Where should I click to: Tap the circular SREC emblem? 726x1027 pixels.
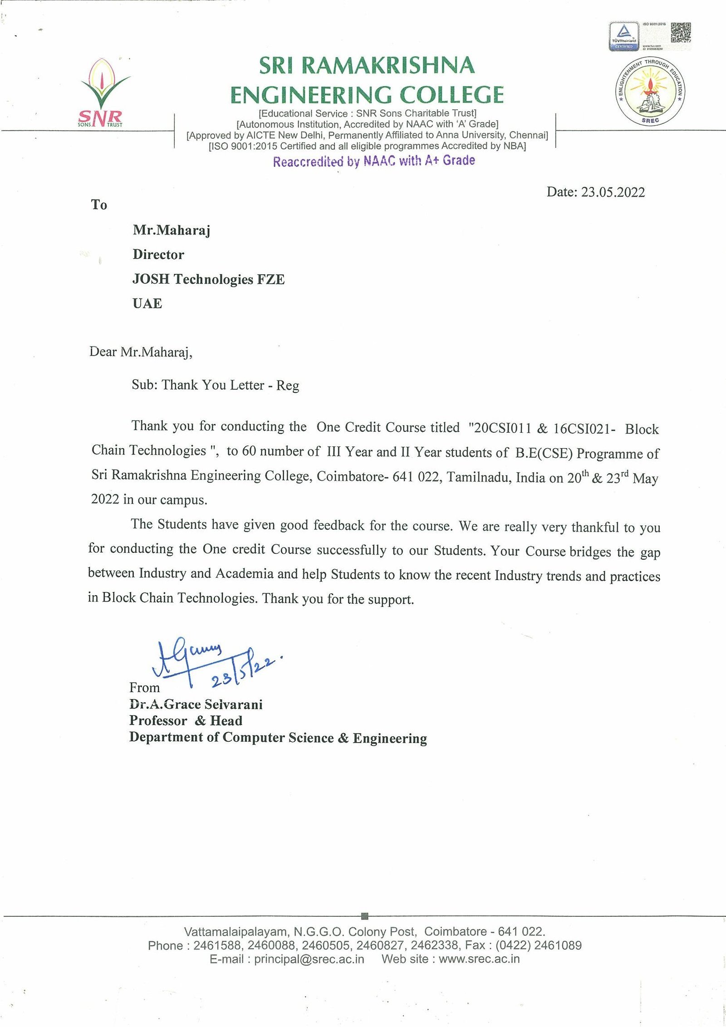coord(650,91)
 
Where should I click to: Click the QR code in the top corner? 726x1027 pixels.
coord(681,32)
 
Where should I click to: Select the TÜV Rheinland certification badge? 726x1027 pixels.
coord(623,36)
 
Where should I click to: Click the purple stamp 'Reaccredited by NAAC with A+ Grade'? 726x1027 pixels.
coord(374,161)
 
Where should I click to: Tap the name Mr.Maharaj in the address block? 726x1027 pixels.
coord(172,230)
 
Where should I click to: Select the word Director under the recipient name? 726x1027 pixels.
coord(158,254)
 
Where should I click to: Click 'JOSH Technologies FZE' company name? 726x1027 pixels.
coord(208,279)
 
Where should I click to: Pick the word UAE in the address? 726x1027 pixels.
coord(147,303)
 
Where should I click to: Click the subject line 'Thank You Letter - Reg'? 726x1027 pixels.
coord(231,385)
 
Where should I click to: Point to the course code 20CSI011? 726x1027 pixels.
coord(502,428)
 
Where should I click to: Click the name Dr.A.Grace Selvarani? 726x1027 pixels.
coord(196,704)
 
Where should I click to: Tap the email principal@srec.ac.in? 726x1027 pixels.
coord(309,959)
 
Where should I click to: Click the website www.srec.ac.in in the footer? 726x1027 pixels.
coord(479,959)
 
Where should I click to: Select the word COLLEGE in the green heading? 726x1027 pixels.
coord(445,95)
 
